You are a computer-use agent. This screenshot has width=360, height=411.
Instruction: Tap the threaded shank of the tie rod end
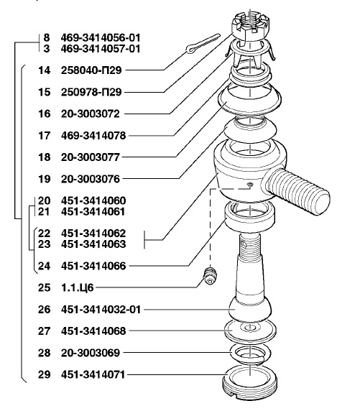pos(296,191)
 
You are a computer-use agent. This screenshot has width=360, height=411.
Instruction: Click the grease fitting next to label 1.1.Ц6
pos(211,276)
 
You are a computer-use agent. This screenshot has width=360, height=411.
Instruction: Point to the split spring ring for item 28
pos(250,354)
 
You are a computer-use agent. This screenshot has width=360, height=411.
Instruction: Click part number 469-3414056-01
pos(101,37)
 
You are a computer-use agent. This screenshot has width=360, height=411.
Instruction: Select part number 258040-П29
pos(91,70)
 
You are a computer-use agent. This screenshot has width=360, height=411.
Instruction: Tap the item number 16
pos(45,114)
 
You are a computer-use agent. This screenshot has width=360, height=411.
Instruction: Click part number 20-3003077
pos(91,157)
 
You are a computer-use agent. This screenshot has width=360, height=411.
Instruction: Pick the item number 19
pos(45,179)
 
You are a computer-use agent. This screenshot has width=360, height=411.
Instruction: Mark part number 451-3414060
pos(93,200)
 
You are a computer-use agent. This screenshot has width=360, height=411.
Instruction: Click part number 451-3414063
pos(93,244)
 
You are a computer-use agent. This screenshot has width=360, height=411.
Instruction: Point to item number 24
pos(45,266)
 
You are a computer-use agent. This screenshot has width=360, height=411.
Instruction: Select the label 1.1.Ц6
pos(78,287)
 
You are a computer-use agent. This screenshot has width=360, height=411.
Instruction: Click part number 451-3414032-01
pos(101,310)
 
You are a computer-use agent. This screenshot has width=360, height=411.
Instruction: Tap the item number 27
pos(45,331)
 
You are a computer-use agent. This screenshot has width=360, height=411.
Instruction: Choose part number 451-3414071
pos(93,374)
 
